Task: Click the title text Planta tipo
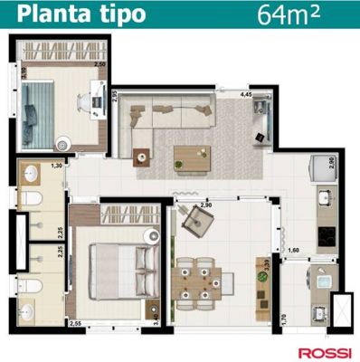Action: coord(72,14)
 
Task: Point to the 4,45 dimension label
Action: coord(245,94)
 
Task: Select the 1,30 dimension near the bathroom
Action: coord(56,166)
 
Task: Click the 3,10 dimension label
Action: coord(24,73)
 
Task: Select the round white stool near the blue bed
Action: coord(63,141)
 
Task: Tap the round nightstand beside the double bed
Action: coord(153,237)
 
